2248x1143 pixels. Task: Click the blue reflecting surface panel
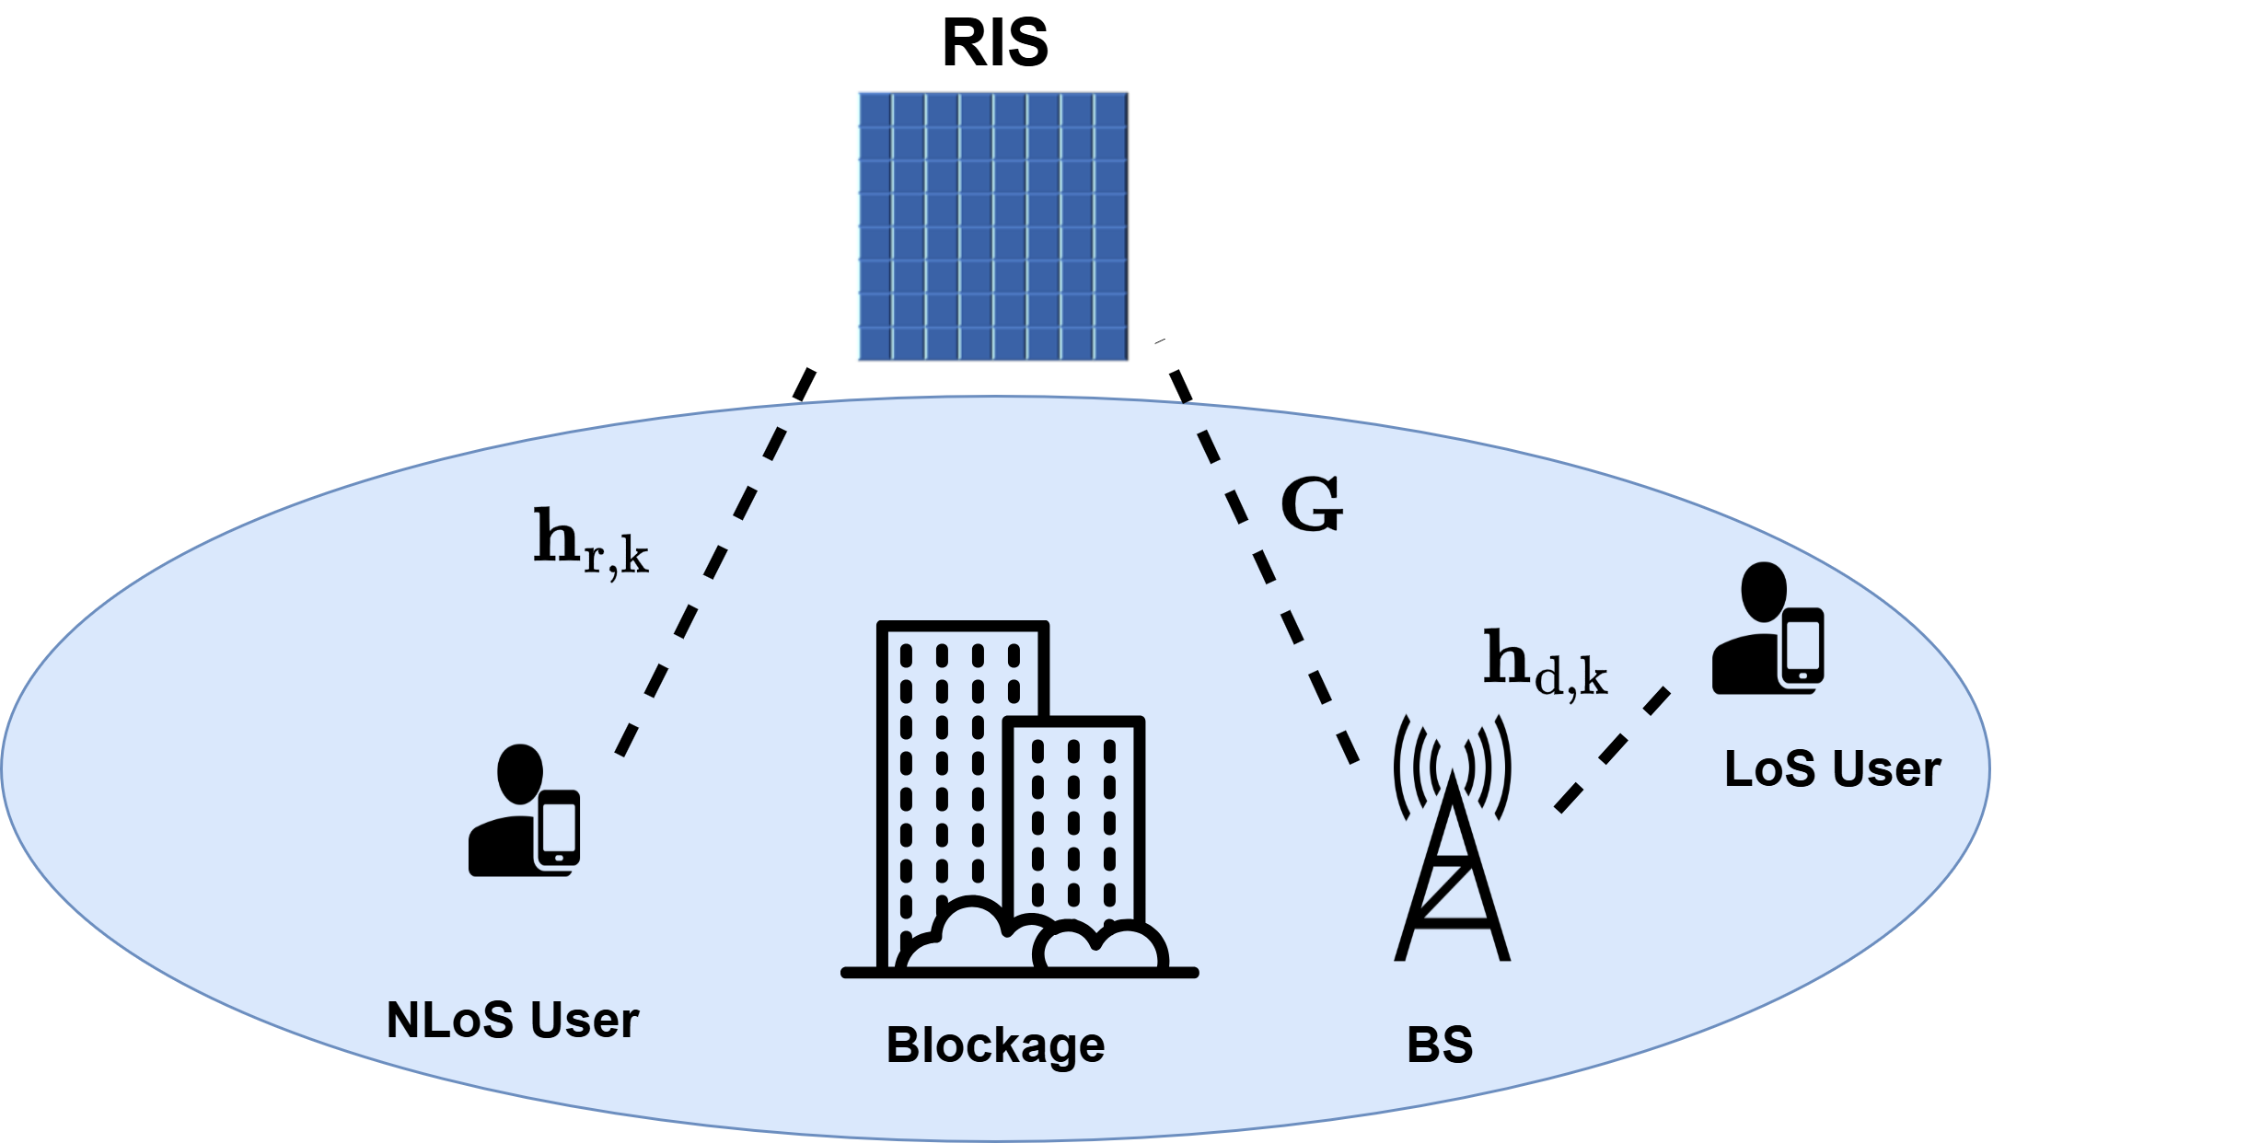click(994, 226)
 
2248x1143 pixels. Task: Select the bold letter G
click(1312, 505)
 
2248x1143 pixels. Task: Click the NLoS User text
click(512, 1021)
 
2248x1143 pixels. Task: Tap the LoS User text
click(1832, 769)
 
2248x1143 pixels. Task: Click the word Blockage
click(995, 1045)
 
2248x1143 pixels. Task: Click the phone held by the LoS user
click(1802, 648)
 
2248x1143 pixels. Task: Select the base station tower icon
click(1453, 874)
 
